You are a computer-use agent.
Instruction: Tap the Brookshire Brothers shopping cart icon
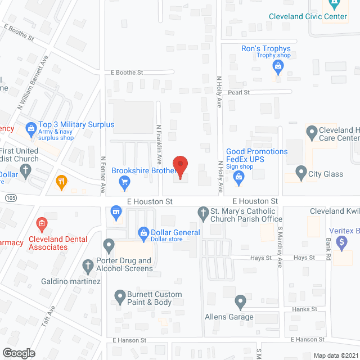125,182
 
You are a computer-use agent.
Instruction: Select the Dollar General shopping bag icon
143,232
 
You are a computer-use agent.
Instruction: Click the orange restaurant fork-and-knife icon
62,181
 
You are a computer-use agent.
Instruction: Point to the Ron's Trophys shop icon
277,67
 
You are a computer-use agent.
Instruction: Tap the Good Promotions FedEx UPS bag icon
238,178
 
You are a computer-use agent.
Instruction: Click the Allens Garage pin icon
240,303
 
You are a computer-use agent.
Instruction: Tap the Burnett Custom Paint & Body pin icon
119,295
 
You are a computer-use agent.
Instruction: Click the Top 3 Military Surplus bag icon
30,130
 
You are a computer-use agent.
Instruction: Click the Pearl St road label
238,92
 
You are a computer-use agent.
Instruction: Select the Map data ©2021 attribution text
335,355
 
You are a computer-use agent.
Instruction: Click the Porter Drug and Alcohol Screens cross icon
87,265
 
